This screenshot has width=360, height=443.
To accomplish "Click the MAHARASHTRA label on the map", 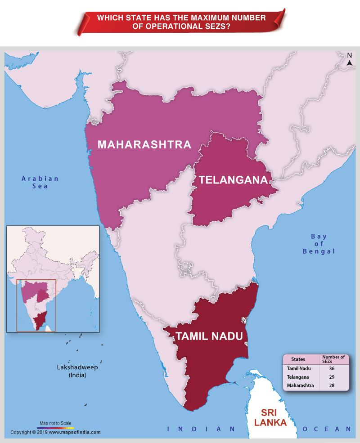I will point(144,144).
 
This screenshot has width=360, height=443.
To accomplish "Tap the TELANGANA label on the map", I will point(233,180).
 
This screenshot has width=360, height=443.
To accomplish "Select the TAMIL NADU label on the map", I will point(209,336).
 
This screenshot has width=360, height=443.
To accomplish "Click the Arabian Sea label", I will point(40,182).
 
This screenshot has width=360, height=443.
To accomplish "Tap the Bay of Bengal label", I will point(319,244).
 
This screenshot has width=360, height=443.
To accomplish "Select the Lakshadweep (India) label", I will point(77,371).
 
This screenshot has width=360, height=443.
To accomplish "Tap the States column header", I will point(298,359).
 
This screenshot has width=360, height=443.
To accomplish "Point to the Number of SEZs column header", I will point(333,359).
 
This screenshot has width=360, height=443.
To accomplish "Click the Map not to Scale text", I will point(55,423).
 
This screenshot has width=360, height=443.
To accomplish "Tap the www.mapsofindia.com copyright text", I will point(74,432).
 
